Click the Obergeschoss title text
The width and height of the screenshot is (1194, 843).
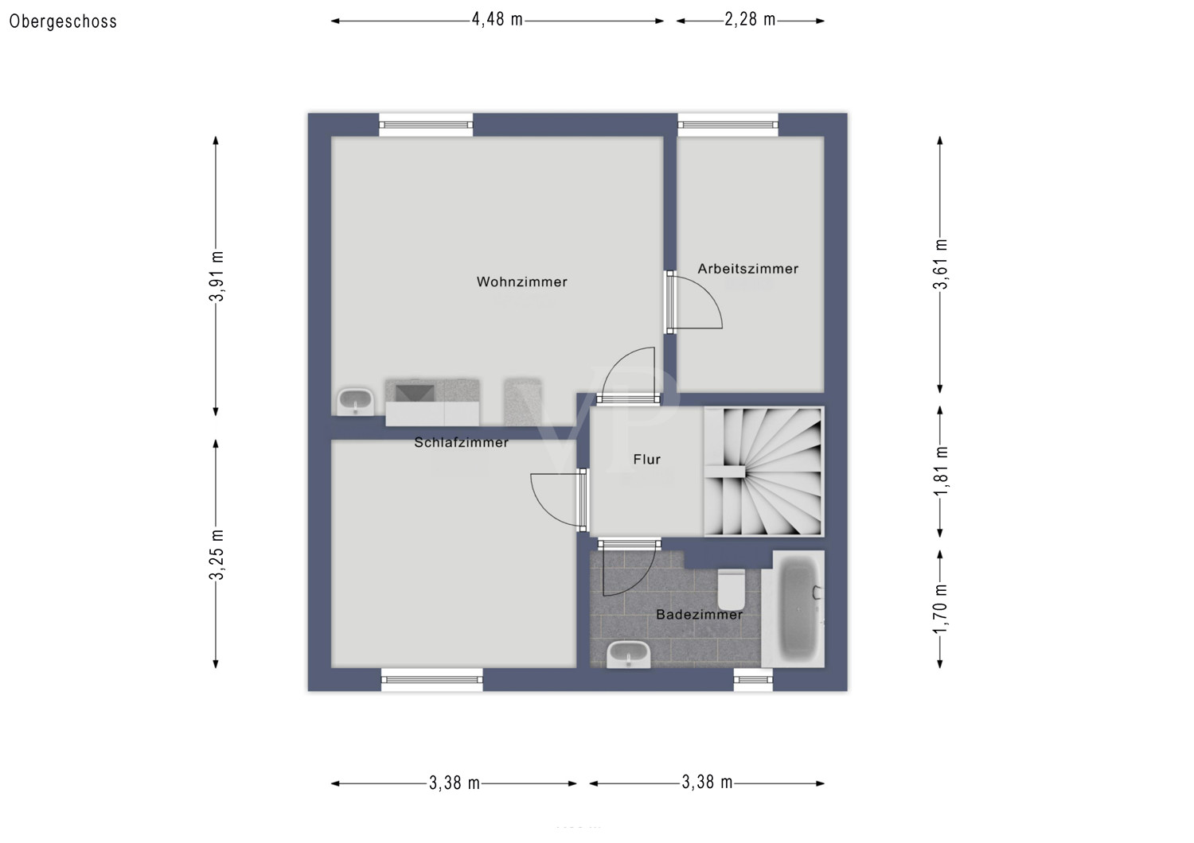pyautogui.click(x=63, y=21)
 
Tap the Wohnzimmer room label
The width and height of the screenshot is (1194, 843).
pyautogui.click(x=521, y=282)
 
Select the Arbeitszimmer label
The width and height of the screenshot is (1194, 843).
pyautogui.click(x=747, y=269)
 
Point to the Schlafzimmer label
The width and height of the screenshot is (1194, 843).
pyautogui.click(x=461, y=442)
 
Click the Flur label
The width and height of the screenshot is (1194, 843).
pyautogui.click(x=646, y=459)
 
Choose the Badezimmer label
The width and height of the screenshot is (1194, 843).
pyautogui.click(x=699, y=614)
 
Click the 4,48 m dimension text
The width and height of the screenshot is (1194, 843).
pyautogui.click(x=497, y=20)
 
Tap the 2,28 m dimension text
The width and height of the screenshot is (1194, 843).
pyautogui.click(x=750, y=20)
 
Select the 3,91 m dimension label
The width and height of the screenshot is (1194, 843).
pyautogui.click(x=217, y=276)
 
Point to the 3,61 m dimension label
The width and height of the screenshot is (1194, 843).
pyautogui.click(x=941, y=264)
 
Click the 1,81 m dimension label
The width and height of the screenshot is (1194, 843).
pyautogui.click(x=941, y=471)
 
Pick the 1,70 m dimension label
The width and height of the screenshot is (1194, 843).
pyautogui.click(x=941, y=608)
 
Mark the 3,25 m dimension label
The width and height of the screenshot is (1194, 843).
pyautogui.click(x=217, y=554)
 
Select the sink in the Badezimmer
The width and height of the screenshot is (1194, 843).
pyautogui.click(x=629, y=655)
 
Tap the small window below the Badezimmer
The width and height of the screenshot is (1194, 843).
pyautogui.click(x=753, y=679)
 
